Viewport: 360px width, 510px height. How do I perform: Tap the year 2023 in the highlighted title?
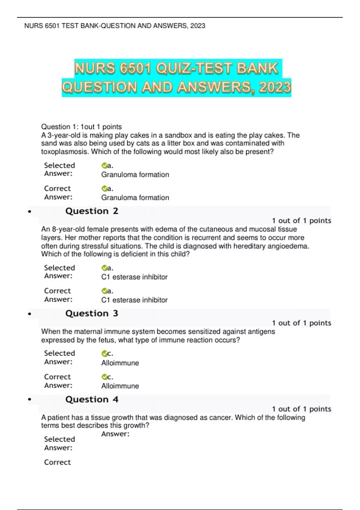[x=275, y=87]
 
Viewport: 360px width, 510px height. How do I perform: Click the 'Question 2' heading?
[x=92, y=211]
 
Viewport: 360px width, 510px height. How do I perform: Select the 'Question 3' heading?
[x=92, y=313]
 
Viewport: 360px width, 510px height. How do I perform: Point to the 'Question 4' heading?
[x=92, y=399]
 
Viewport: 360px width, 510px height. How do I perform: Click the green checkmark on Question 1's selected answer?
[x=104, y=166]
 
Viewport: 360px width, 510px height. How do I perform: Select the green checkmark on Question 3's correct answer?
[x=104, y=377]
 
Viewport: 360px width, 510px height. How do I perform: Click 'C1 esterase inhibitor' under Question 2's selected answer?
[x=134, y=277]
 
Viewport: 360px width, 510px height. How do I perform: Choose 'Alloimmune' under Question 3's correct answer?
[x=120, y=386]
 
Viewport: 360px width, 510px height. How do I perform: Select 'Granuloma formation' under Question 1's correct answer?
[x=135, y=198]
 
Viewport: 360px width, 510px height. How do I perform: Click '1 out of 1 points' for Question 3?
[x=301, y=323]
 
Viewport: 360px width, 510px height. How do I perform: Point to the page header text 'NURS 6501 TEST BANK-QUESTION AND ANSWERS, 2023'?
[x=115, y=26]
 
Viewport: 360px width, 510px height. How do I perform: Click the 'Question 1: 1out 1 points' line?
[x=81, y=127]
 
